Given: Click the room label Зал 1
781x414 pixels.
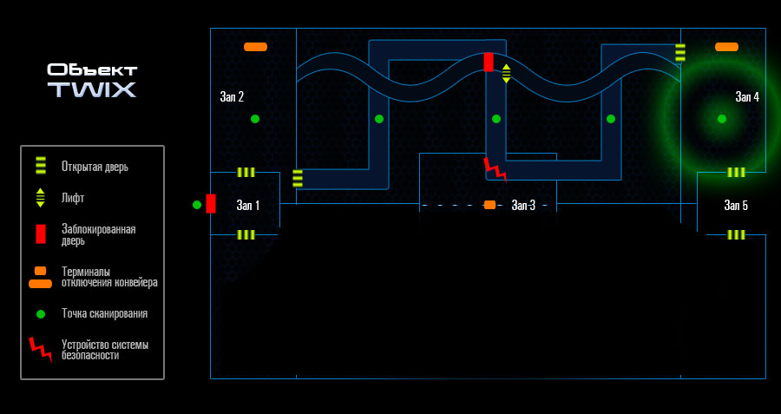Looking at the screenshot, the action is (247, 205).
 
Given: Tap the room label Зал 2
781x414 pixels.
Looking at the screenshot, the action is (232, 97).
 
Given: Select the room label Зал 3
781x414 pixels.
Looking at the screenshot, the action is (523, 205).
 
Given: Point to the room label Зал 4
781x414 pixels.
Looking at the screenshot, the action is (747, 97).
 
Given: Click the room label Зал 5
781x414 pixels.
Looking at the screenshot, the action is (736, 205).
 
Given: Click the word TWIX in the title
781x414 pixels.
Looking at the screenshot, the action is (92, 89).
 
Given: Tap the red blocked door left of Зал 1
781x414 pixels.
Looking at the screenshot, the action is (211, 204).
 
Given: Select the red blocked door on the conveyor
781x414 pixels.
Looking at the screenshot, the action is (489, 62).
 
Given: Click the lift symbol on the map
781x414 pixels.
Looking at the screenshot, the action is (506, 74).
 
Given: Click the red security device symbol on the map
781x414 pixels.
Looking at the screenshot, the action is (496, 169).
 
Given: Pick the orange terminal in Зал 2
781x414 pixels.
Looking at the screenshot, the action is (255, 47).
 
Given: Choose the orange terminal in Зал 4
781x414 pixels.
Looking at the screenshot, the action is (726, 47).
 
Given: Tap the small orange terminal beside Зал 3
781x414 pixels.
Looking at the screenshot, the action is (489, 205).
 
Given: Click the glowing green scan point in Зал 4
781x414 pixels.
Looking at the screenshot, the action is (722, 119).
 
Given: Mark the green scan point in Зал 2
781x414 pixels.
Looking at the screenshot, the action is (255, 119).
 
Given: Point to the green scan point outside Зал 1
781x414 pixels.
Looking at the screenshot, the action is (197, 204).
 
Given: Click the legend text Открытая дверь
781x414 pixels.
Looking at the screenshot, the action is (95, 167).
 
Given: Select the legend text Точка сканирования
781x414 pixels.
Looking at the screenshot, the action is (105, 314).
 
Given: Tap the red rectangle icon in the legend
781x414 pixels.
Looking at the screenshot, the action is (40, 234).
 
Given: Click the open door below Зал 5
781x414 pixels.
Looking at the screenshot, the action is (736, 234).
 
